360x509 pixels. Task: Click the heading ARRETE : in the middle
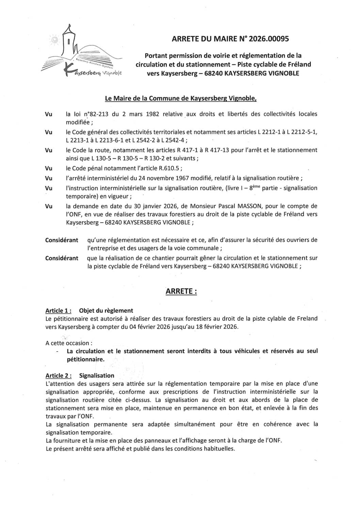tap(181, 292)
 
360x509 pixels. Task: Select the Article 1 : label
tap(59, 311)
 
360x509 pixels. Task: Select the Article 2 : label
tap(59, 376)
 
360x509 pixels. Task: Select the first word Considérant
tap(62, 240)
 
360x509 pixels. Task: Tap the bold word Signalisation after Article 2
tap(97, 376)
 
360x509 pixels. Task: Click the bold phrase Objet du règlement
tap(106, 311)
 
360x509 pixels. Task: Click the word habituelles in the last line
tap(218, 448)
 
